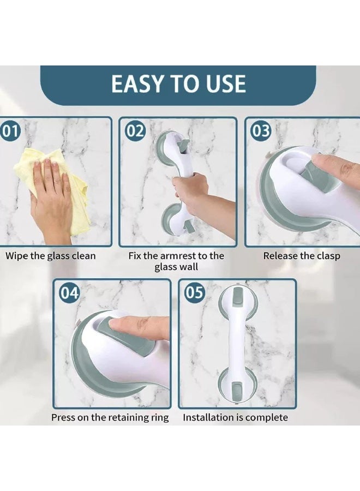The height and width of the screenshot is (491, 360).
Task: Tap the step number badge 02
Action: (x=136, y=131)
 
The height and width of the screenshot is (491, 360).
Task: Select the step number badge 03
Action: (x=261, y=131)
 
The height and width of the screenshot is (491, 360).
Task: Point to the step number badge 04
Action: (x=69, y=293)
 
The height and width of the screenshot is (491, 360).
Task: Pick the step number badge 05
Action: (x=194, y=293)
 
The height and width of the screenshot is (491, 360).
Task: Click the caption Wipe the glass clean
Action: (x=50, y=256)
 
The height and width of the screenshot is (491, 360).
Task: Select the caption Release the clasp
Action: (x=302, y=256)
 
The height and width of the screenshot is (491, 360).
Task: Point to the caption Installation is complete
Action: (x=236, y=417)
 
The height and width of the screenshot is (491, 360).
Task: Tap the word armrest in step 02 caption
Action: (x=177, y=256)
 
